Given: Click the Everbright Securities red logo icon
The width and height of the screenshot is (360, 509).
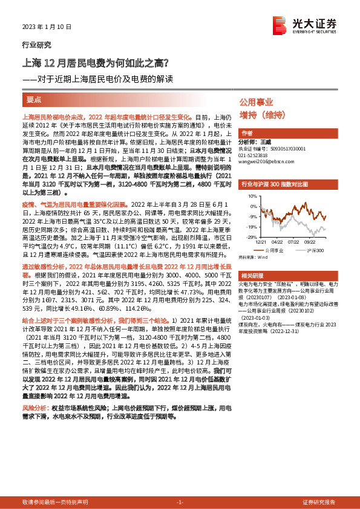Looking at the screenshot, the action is coord(280,24).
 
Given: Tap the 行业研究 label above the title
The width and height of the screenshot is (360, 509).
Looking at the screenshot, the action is coord(36,45).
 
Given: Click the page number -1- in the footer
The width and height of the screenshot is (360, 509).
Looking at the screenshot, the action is coord(179,502).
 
